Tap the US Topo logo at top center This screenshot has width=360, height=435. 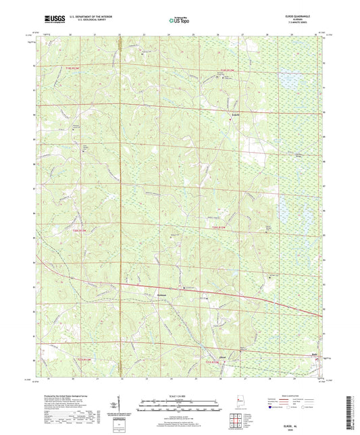pyautogui.click(x=177, y=20)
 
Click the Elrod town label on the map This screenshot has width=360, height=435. pyautogui.click(x=222, y=356)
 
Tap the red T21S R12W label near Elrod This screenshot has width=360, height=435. pyautogui.click(x=215, y=363)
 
